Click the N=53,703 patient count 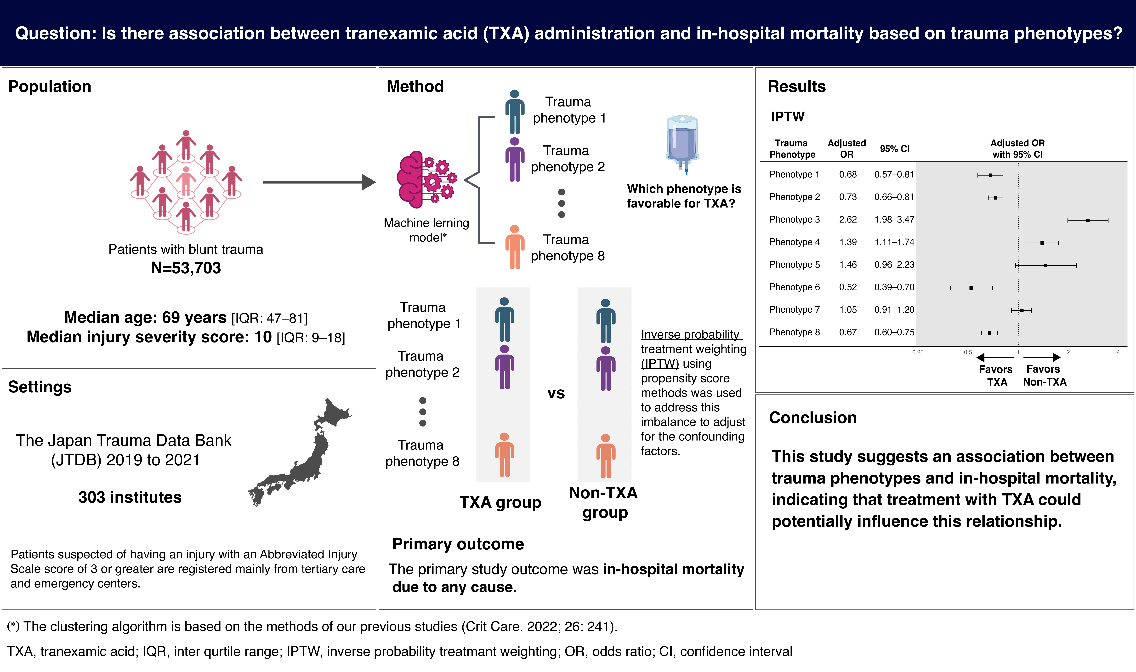click(x=186, y=268)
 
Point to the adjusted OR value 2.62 click(x=848, y=220)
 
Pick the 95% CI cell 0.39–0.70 click(x=894, y=287)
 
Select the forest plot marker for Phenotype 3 click(x=1088, y=220)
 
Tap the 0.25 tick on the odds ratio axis click(x=918, y=352)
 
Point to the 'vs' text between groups click(x=556, y=393)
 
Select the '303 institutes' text click(x=130, y=497)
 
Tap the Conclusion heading click(x=813, y=417)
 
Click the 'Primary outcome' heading click(x=458, y=544)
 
